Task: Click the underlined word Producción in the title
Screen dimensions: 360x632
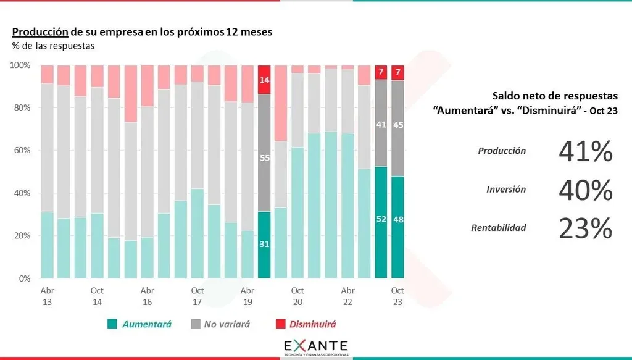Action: pos(40,31)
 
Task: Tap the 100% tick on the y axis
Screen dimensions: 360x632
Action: pos(22,65)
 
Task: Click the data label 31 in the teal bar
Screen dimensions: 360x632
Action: pos(264,245)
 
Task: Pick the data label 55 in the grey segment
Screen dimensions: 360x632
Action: pos(264,158)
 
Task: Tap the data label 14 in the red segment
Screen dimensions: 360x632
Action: pos(264,80)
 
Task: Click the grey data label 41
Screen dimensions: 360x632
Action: pos(381,124)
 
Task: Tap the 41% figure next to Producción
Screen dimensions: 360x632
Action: pos(585,151)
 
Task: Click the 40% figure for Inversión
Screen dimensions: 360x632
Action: pos(585,190)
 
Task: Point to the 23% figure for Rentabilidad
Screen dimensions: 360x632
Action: pos(585,228)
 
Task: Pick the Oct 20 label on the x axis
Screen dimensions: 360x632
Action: pos(297,295)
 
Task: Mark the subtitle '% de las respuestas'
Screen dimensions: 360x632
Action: pos(52,45)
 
